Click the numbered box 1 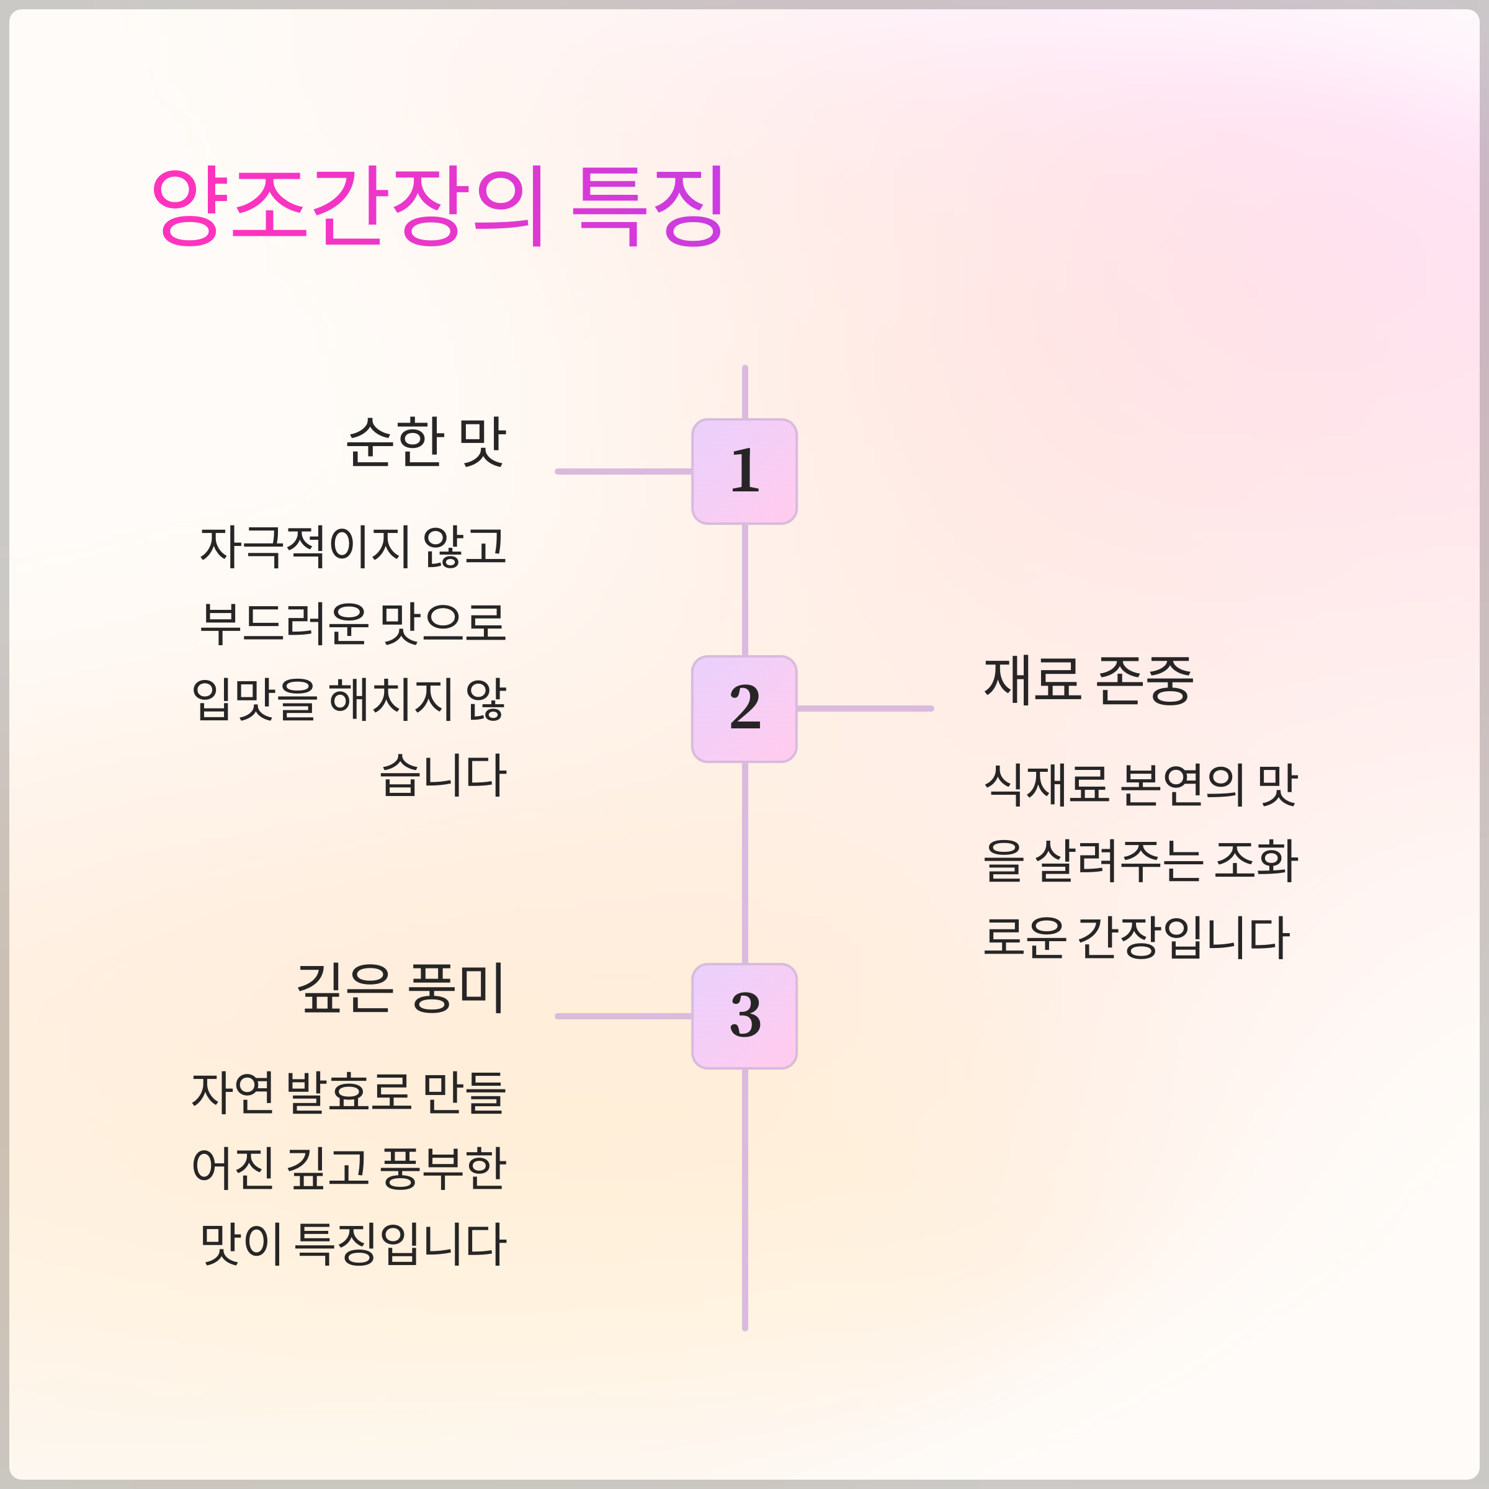click(x=744, y=472)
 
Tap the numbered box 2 click(x=744, y=709)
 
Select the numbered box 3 click(x=744, y=1016)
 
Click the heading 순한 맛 click(x=426, y=442)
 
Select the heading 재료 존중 click(x=1088, y=681)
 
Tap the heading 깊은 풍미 click(x=401, y=988)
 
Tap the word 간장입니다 click(x=1183, y=937)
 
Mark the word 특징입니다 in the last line click(x=401, y=1244)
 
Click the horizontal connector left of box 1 click(x=624, y=472)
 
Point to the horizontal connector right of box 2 click(x=865, y=709)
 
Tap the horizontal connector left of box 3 click(x=624, y=1016)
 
